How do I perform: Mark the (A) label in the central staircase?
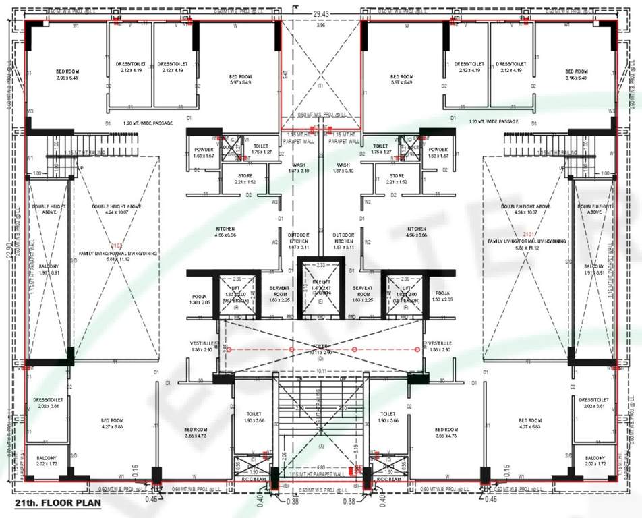321,446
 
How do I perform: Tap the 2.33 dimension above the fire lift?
320,264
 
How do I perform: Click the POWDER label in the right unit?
438,150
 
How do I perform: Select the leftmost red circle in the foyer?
229,349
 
